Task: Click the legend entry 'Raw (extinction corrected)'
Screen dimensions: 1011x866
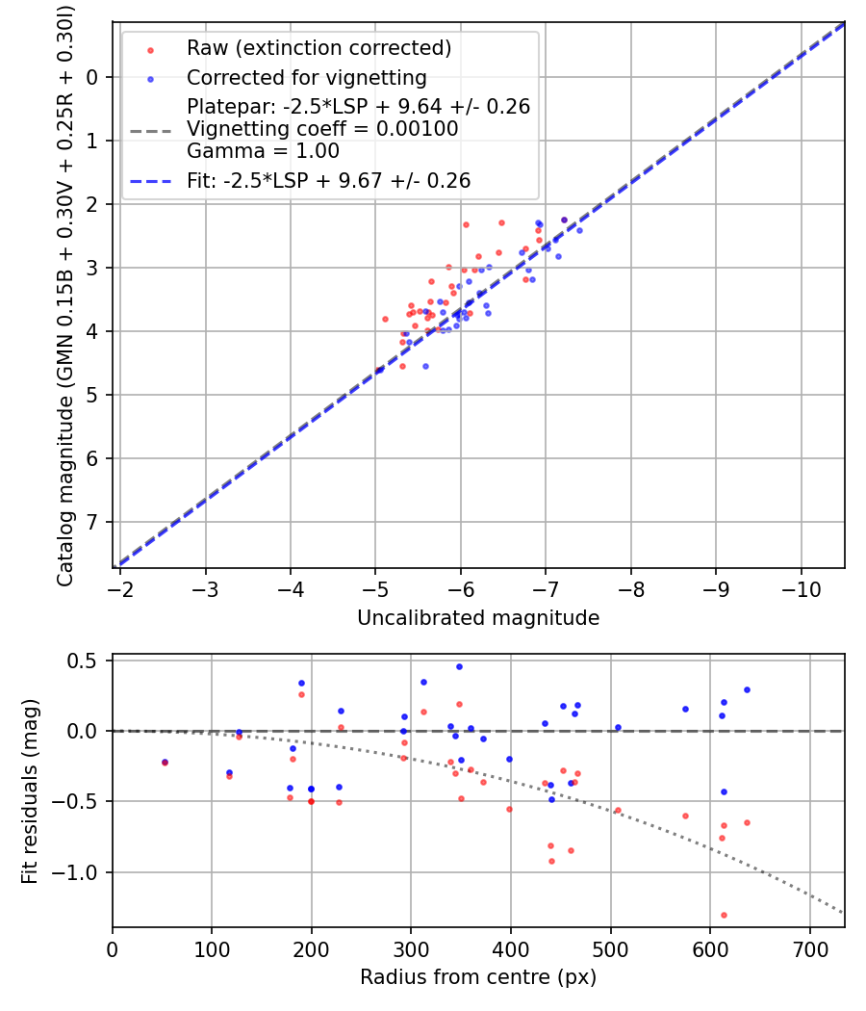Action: (318, 48)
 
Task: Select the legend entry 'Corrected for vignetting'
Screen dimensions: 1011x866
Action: (307, 77)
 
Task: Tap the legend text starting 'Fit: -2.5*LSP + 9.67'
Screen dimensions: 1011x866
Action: (328, 180)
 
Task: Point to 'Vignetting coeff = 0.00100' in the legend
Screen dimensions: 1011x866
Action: (322, 129)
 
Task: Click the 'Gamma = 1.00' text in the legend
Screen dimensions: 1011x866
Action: (263, 151)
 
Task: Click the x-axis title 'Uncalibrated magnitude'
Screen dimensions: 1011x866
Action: (478, 618)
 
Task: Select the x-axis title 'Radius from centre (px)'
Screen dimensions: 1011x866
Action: (478, 977)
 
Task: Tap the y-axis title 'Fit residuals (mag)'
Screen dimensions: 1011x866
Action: (30, 791)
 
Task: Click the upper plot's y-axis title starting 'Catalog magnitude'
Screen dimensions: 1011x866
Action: (65, 294)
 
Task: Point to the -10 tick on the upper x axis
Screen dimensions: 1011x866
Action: (801, 587)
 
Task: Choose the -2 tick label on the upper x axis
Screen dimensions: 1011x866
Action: (120, 587)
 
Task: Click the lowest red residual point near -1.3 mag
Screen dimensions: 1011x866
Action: (724, 915)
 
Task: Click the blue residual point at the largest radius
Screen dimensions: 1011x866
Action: (747, 689)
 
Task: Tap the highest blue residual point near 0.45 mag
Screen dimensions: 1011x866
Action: (459, 666)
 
